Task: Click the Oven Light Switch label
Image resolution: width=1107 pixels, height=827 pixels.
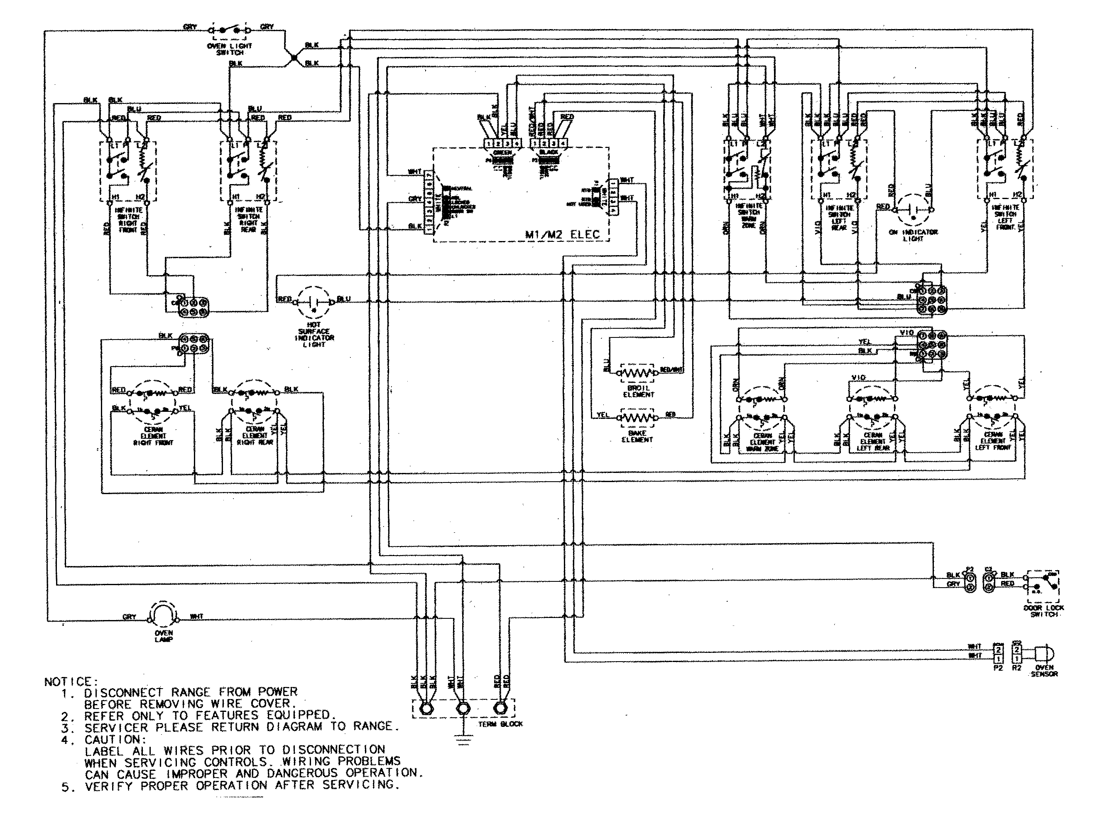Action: click(230, 49)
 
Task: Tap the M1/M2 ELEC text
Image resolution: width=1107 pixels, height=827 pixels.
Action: click(562, 234)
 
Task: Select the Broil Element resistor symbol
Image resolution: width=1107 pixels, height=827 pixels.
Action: click(637, 372)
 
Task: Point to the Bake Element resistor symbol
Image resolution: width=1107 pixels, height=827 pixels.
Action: click(637, 417)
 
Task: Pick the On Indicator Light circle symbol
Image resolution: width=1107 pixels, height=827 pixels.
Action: click(913, 210)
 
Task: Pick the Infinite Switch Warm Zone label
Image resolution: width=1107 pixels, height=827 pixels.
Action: click(749, 216)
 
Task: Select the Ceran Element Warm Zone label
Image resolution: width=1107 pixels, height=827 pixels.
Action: click(762, 442)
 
